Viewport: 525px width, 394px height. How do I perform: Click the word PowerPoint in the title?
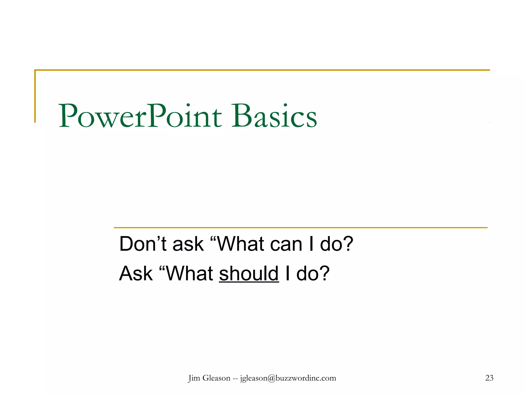[140, 116]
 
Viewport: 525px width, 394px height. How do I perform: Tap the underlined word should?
[249, 273]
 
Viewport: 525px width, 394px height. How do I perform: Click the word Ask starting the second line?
[136, 273]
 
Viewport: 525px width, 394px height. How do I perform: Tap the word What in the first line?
[241, 244]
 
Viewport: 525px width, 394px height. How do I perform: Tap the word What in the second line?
[190, 273]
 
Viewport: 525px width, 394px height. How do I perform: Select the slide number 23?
[489, 378]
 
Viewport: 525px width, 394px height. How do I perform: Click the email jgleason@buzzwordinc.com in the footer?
[288, 378]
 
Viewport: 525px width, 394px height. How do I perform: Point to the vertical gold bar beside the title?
[35, 96]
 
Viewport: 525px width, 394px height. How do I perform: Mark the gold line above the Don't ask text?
[300, 228]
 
